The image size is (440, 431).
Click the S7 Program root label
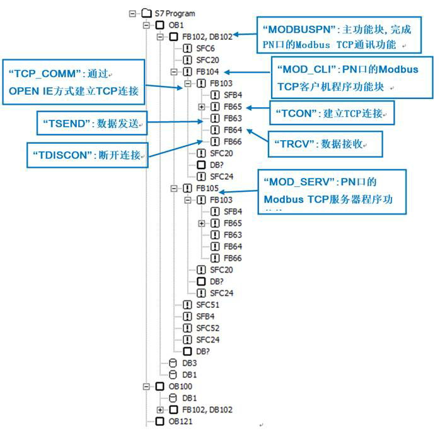(x=175, y=13)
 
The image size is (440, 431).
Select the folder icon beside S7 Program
(x=146, y=13)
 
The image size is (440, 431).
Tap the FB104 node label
(x=207, y=72)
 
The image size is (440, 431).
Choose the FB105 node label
(x=207, y=188)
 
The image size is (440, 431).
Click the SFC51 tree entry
(x=208, y=304)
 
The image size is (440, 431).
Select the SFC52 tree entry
(x=208, y=328)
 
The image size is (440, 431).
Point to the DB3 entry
(x=190, y=363)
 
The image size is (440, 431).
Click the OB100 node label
(x=180, y=386)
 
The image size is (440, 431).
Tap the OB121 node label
(x=180, y=421)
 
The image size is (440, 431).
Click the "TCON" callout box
(x=332, y=112)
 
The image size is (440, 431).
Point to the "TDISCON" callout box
(x=87, y=155)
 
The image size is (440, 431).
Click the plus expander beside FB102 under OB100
(x=161, y=410)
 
